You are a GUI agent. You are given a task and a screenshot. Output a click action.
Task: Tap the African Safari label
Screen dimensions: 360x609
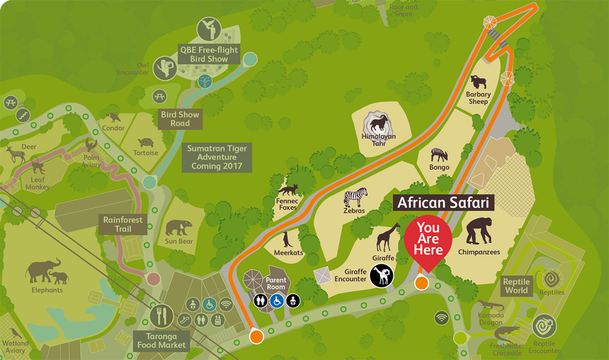[444, 203]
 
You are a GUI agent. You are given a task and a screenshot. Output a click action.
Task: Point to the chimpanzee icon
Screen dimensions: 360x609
[479, 230]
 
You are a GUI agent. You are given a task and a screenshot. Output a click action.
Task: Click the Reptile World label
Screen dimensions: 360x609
[516, 286]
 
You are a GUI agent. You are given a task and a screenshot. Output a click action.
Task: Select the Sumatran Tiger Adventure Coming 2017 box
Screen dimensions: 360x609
[216, 157]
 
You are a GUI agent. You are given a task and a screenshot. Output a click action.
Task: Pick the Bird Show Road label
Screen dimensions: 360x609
[180, 119]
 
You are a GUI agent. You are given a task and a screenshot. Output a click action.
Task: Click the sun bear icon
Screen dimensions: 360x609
[179, 228]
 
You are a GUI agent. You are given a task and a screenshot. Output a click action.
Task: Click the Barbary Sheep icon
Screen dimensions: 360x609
[478, 83]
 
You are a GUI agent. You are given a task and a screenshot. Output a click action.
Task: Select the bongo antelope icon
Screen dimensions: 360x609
[439, 155]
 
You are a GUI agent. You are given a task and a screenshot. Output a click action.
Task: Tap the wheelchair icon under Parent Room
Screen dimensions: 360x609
[276, 300]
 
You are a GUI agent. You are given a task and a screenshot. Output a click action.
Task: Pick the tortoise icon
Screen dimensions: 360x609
[146, 143]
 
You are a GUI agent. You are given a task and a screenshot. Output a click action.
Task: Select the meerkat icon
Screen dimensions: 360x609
[287, 239]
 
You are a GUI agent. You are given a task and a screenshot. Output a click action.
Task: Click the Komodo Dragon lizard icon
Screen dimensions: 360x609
[490, 305]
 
